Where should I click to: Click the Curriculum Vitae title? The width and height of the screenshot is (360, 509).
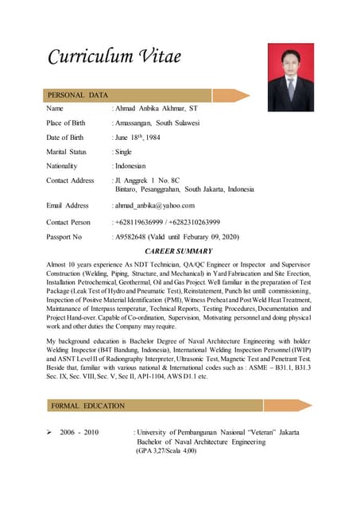(x=114, y=56)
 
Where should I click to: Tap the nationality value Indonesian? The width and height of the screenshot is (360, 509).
(x=133, y=166)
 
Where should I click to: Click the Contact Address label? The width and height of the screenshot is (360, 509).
(x=71, y=181)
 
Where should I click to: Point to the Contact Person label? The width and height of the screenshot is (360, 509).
(x=68, y=222)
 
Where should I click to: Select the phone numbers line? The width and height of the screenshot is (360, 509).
(x=168, y=222)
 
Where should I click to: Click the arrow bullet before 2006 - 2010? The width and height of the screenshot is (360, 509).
(x=50, y=432)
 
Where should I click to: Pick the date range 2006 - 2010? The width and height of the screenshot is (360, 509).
(x=79, y=432)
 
